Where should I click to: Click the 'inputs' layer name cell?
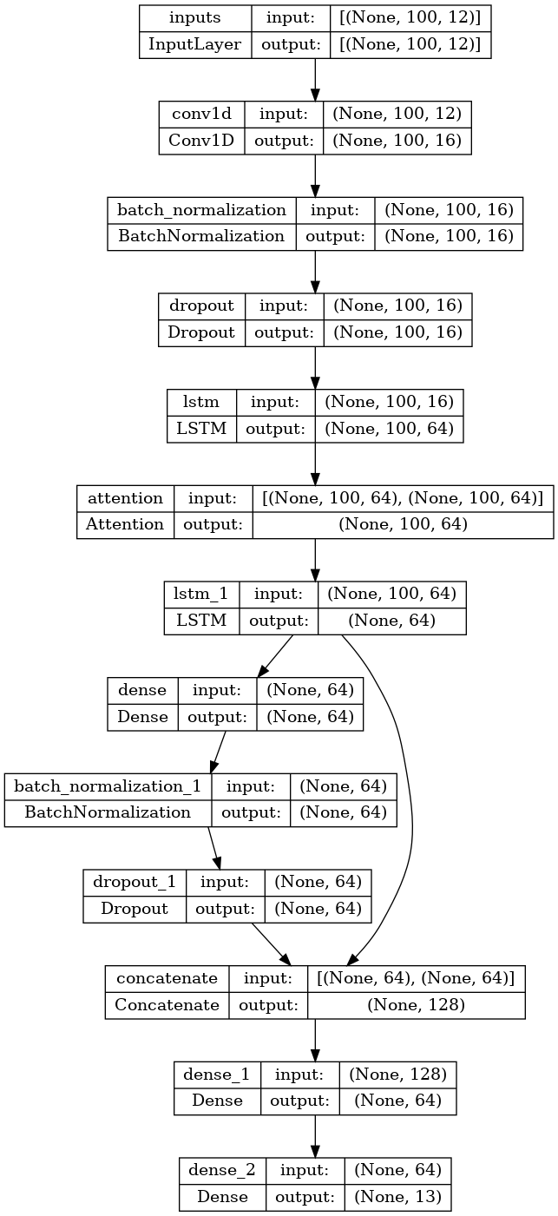(x=195, y=18)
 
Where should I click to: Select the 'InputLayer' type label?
(x=195, y=44)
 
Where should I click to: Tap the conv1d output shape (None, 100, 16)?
(x=397, y=141)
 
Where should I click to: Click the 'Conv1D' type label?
(x=202, y=141)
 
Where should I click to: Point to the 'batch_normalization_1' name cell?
(x=108, y=786)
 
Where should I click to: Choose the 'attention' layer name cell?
(x=126, y=498)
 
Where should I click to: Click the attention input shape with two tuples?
(x=403, y=498)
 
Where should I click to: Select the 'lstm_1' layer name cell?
(x=201, y=595)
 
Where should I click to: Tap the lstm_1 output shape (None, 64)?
(x=392, y=621)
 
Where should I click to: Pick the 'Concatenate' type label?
(x=167, y=1004)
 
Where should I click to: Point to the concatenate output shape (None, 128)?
(x=416, y=1004)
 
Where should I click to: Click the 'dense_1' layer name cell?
(x=217, y=1075)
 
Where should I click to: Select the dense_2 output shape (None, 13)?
(x=397, y=1197)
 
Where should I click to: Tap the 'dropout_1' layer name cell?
(x=135, y=882)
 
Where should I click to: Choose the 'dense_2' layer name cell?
(x=221, y=1171)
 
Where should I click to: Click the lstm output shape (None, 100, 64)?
(x=389, y=428)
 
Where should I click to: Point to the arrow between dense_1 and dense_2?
(x=315, y=1135)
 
